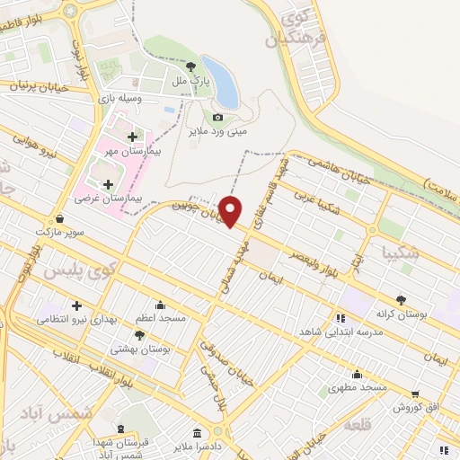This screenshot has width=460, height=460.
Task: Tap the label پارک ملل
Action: (x=190, y=81)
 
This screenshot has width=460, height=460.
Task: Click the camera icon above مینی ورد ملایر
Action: (x=218, y=118)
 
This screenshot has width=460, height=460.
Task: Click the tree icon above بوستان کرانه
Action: (x=401, y=301)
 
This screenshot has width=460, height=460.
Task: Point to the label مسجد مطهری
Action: (x=357, y=387)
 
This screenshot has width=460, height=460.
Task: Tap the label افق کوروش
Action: (x=415, y=407)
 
